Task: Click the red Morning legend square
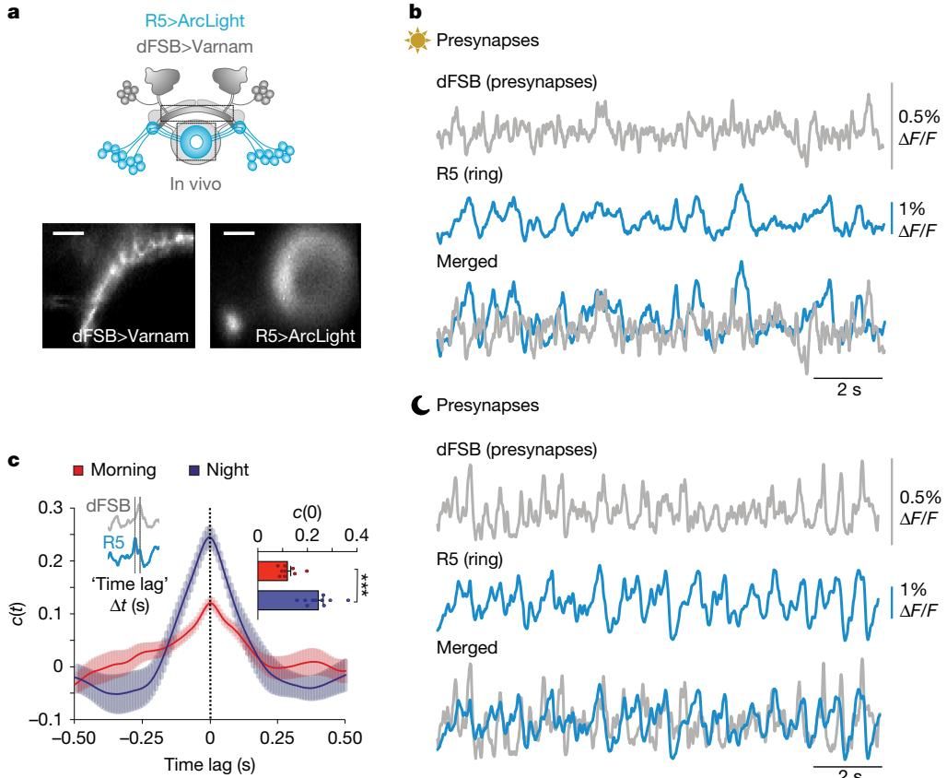(x=79, y=469)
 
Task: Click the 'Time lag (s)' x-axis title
(x=209, y=763)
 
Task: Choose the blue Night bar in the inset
(x=287, y=600)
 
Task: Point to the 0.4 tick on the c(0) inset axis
(x=357, y=536)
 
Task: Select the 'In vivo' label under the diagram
(x=195, y=183)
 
